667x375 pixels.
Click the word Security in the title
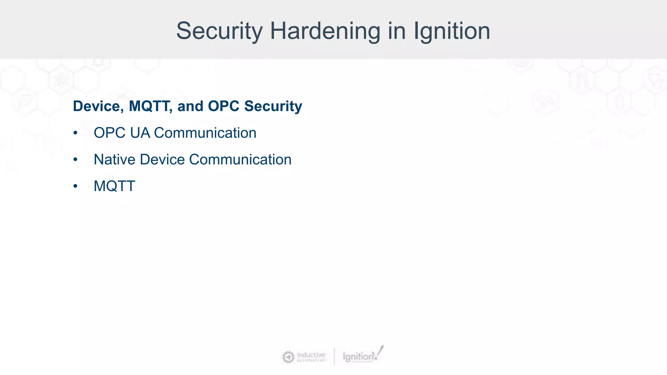pyautogui.click(x=219, y=31)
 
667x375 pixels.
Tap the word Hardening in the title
pyautogui.click(x=325, y=31)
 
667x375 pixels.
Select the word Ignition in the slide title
pyautogui.click(x=452, y=31)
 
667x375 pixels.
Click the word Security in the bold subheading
pyautogui.click(x=273, y=106)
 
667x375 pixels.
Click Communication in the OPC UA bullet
pyautogui.click(x=205, y=133)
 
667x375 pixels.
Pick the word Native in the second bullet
pyautogui.click(x=114, y=160)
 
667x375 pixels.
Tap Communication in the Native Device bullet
pyautogui.click(x=240, y=160)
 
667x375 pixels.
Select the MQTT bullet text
pyautogui.click(x=114, y=187)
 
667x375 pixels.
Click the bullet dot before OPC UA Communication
pyautogui.click(x=76, y=133)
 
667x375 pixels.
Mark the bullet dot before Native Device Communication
pyautogui.click(x=76, y=160)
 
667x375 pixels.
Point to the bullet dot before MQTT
pyautogui.click(x=76, y=187)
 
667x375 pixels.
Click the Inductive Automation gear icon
pyautogui.click(x=288, y=357)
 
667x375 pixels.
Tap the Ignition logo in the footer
pyautogui.click(x=362, y=356)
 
